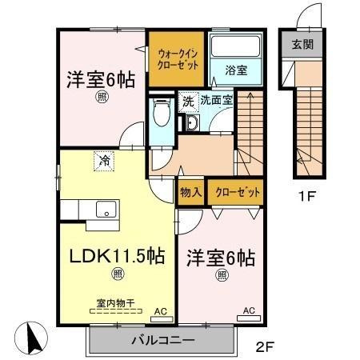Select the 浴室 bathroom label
point(235,70)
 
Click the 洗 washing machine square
point(188,102)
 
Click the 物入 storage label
point(190,193)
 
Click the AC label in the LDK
point(159,310)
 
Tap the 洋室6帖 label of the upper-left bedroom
point(100,79)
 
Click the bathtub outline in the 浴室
point(235,47)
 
